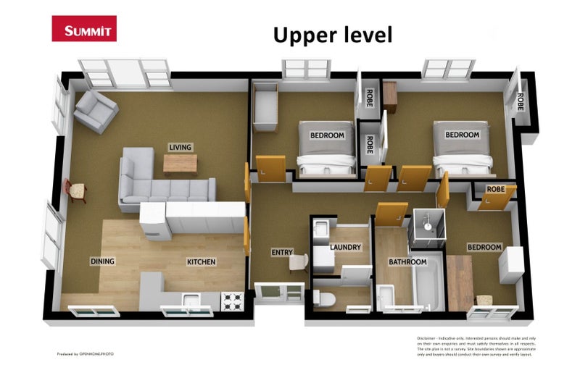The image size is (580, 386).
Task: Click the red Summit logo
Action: pos(84,29)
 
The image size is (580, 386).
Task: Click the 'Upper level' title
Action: pos(332,34)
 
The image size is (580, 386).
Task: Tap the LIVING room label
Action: pos(180,147)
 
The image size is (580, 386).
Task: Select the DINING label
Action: pos(102,261)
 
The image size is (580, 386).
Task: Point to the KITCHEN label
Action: pos(201,261)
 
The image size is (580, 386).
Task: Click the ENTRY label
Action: pos(281,253)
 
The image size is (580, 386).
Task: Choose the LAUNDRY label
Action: pos(345,247)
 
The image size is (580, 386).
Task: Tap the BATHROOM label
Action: pos(407,261)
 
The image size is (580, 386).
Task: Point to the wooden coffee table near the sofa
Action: pos(180,164)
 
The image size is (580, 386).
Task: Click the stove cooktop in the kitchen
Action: pos(232,301)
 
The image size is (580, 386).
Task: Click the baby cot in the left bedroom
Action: pos(265,107)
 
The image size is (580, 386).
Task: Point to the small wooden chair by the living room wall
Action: pos(76,190)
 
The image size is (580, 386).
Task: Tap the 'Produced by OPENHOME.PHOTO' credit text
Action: pos(86,354)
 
